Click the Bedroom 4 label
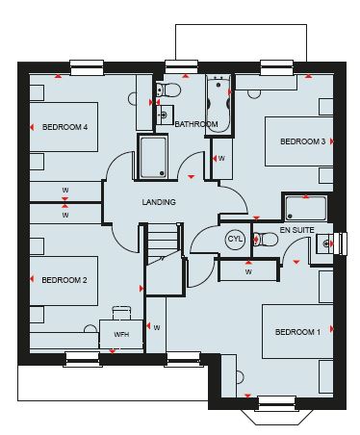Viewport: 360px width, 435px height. pos(64,127)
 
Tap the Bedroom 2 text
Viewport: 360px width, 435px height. pos(64,280)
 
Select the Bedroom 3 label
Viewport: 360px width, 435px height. pos(303,141)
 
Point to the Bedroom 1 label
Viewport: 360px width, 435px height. pos(297,332)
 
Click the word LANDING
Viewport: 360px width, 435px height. pos(159,202)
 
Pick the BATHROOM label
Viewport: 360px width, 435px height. pos(196,124)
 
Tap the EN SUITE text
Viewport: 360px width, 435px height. pos(297,230)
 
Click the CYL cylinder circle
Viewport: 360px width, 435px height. pos(235,240)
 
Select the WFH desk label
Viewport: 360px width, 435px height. pos(121,334)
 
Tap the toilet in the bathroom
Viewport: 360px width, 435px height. pos(168,90)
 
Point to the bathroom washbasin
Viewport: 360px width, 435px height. pos(165,115)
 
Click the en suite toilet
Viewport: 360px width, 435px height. pos(266,240)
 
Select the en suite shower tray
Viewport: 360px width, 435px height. pos(306,209)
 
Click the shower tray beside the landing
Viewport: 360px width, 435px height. pos(153,157)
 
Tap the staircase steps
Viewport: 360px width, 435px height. pos(163,242)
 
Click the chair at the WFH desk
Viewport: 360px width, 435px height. pos(122,313)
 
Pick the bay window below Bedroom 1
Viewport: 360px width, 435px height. pos(277,412)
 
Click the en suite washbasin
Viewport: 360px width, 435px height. pos(323,243)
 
